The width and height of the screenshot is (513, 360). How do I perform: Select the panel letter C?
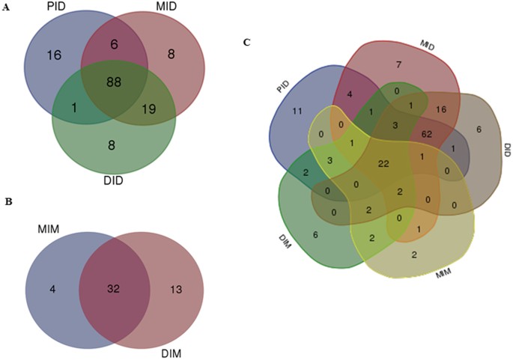[247, 42]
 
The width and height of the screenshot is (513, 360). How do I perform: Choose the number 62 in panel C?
[427, 135]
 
